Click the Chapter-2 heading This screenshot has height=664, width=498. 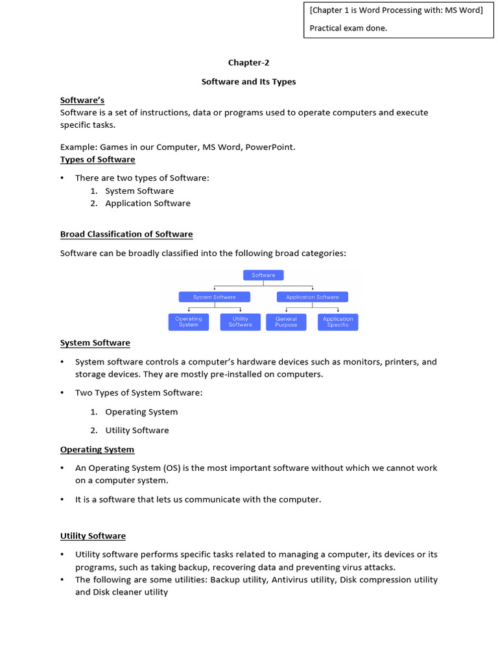[x=248, y=63]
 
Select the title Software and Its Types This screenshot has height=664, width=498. [x=248, y=82]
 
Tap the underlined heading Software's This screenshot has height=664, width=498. [x=82, y=101]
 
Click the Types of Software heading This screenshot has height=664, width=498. [x=98, y=160]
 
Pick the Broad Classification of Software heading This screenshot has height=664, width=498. [x=126, y=234]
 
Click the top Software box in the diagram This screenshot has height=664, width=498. [x=263, y=275]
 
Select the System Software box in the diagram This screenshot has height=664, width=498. [x=214, y=297]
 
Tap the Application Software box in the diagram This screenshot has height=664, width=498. [x=313, y=297]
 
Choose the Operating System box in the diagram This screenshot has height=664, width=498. [x=189, y=322]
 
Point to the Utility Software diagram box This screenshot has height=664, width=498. [x=240, y=322]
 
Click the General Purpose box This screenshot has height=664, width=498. [x=286, y=322]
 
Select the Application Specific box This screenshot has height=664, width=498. [x=338, y=322]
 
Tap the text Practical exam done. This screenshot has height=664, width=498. [x=348, y=28]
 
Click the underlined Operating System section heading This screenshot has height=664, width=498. [x=97, y=449]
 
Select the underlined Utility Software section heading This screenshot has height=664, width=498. [x=93, y=536]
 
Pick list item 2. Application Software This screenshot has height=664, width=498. [x=148, y=204]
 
